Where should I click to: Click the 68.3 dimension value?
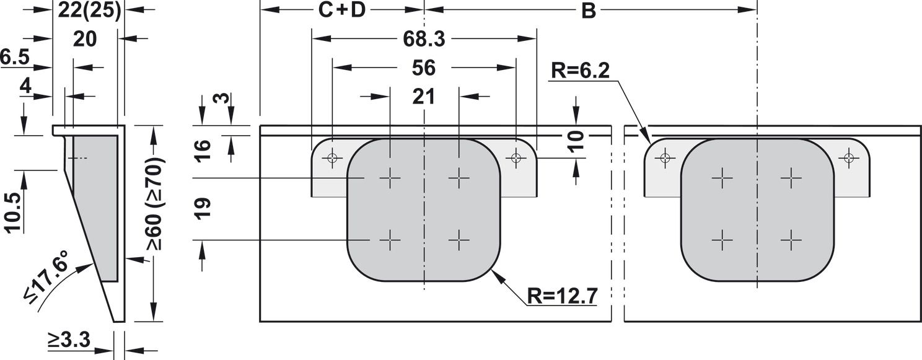coord(424,39)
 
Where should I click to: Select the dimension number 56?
coord(424,68)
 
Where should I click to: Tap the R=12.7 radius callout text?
coord(562,296)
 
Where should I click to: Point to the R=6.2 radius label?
coord(580,71)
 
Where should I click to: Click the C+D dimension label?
coord(342,11)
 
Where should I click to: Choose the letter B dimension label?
coord(589,11)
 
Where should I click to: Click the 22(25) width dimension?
coord(90,11)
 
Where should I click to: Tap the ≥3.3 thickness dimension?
coord(69,340)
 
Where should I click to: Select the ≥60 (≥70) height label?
coord(154,204)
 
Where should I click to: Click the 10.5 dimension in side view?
coord(13,213)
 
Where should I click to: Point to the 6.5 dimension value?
coord(15,57)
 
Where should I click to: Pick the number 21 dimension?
coord(424,97)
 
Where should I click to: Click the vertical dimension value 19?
coord(203,209)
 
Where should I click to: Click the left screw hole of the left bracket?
coord(332,157)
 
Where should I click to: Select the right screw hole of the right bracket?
coord(849,157)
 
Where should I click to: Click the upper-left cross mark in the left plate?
coord(390,178)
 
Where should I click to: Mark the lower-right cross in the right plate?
coord(791,240)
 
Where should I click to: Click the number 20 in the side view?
coord(85,40)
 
